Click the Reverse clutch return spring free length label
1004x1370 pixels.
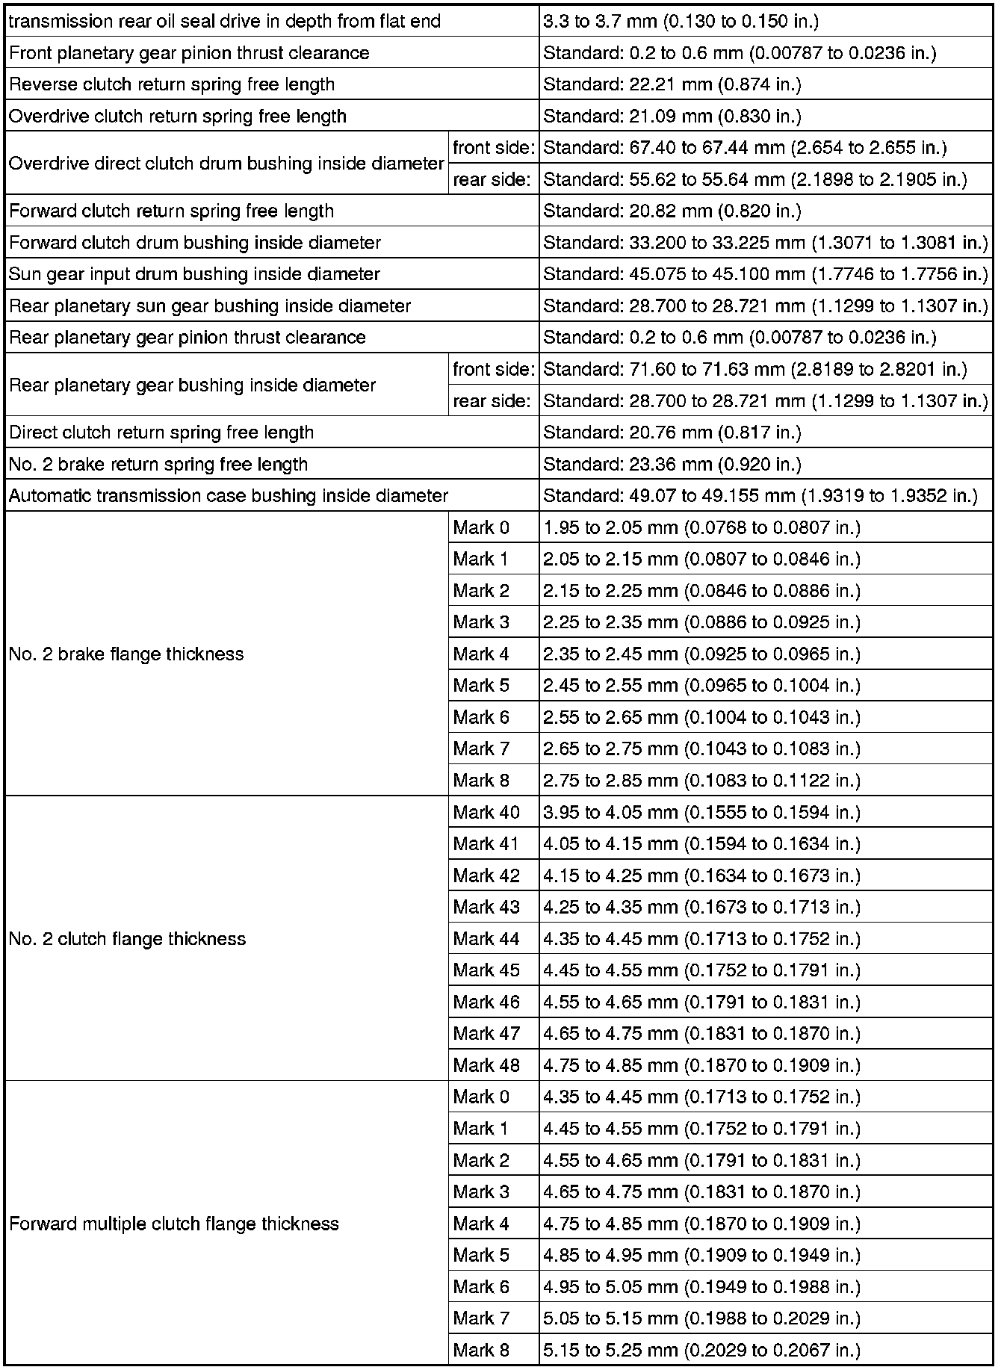pyautogui.click(x=172, y=84)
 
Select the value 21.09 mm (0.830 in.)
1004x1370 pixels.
pyautogui.click(x=672, y=117)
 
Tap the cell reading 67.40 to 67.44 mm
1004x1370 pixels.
pyautogui.click(x=745, y=148)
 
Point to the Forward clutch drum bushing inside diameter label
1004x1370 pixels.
pyautogui.click(x=195, y=243)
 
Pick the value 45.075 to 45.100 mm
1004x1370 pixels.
pyautogui.click(x=765, y=274)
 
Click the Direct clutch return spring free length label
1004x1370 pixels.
pyautogui.click(x=161, y=433)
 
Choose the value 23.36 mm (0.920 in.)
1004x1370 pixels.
pyautogui.click(x=672, y=465)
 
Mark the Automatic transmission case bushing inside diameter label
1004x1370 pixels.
pyautogui.click(x=229, y=496)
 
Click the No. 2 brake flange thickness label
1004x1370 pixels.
pyautogui.click(x=126, y=654)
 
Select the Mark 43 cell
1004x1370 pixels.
pyautogui.click(x=486, y=907)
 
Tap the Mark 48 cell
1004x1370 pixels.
pyautogui.click(x=486, y=1065)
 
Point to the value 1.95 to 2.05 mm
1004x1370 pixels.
pyautogui.click(x=701, y=528)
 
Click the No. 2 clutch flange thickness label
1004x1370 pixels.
pyautogui.click(x=127, y=939)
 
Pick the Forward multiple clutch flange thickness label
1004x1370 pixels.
pyautogui.click(x=174, y=1224)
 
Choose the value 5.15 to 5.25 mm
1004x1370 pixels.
pyautogui.click(x=701, y=1351)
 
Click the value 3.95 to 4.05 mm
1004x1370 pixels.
pyautogui.click(x=701, y=812)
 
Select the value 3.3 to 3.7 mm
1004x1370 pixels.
pyautogui.click(x=681, y=21)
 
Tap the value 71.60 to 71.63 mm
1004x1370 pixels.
pyautogui.click(x=754, y=370)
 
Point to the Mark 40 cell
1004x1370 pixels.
pyautogui.click(x=486, y=812)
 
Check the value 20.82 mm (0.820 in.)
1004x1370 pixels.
pyautogui.click(x=672, y=211)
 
